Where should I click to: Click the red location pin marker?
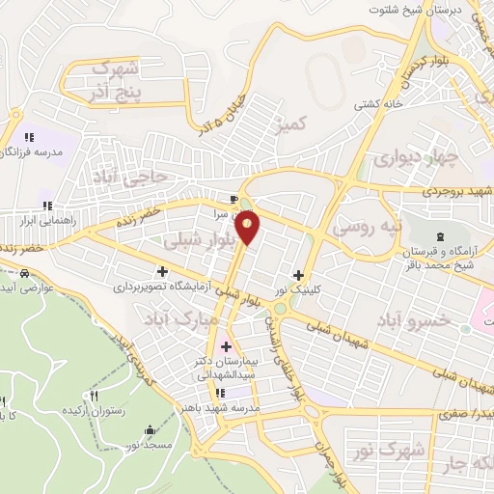(248, 227)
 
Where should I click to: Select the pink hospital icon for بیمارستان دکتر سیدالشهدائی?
(227, 345)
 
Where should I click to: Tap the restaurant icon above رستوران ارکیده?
(94, 396)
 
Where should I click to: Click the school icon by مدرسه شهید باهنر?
(220, 393)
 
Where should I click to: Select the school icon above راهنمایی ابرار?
(46, 205)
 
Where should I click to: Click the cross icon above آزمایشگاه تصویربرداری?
(162, 271)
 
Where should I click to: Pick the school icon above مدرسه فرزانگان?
(29, 138)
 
